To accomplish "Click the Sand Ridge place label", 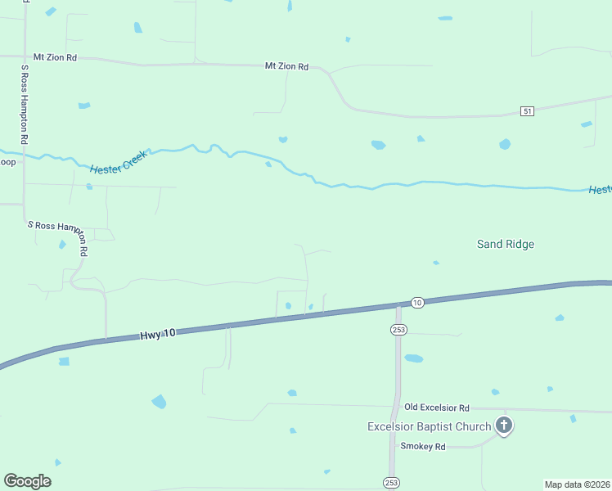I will point(505,244).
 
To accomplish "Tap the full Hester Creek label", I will point(119,160).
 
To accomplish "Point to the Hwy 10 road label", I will point(157,335).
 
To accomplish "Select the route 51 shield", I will point(527,110).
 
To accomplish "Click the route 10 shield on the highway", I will point(417,303).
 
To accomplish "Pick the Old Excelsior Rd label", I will point(437,408).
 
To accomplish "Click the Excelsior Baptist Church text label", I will point(429,426).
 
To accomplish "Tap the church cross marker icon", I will point(504,426).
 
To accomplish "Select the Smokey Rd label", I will point(422,447).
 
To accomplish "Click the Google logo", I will point(27,481).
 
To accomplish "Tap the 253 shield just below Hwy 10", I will point(398,329).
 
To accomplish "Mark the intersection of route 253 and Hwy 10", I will point(398,306).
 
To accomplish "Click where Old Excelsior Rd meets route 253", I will point(398,405).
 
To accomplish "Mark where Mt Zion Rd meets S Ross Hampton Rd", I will point(25,56).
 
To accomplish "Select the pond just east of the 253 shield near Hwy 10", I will point(414,358).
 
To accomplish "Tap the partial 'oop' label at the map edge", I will point(7,162).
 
